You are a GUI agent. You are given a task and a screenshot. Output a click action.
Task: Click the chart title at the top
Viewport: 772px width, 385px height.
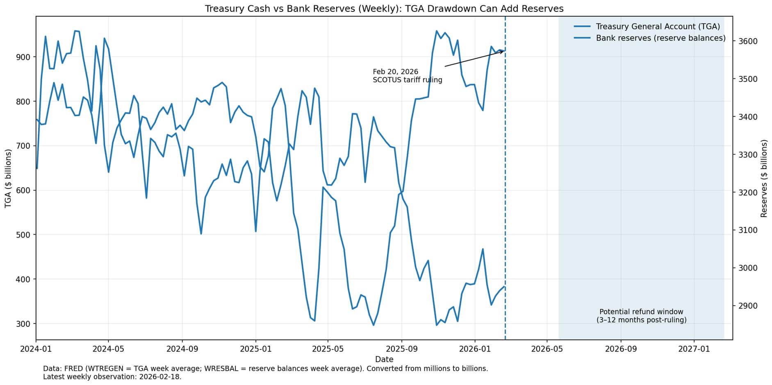[384, 9]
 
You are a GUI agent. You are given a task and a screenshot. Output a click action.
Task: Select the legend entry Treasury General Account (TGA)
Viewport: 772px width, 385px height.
[658, 27]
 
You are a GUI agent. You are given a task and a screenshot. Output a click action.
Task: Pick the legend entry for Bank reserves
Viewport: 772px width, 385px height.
[660, 38]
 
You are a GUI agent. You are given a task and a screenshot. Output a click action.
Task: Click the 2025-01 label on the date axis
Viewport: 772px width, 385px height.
[255, 349]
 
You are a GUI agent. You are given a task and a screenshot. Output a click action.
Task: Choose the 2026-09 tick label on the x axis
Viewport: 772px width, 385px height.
[621, 349]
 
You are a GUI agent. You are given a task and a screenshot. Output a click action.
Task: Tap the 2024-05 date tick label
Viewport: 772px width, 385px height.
[108, 349]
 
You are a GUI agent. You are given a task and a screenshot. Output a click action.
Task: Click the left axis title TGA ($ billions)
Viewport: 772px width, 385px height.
[8, 178]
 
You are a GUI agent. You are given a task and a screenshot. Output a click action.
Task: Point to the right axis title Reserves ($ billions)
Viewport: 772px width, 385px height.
[764, 178]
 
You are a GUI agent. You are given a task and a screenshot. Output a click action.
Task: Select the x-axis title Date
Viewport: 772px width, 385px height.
[384, 360]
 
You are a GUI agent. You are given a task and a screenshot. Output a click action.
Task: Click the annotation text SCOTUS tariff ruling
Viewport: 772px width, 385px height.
[408, 80]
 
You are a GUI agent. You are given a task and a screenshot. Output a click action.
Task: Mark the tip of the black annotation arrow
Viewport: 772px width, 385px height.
[503, 51]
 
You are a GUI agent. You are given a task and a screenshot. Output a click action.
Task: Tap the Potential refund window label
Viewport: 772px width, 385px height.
[641, 312]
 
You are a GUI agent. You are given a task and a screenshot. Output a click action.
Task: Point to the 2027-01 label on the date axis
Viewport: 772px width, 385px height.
[694, 349]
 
